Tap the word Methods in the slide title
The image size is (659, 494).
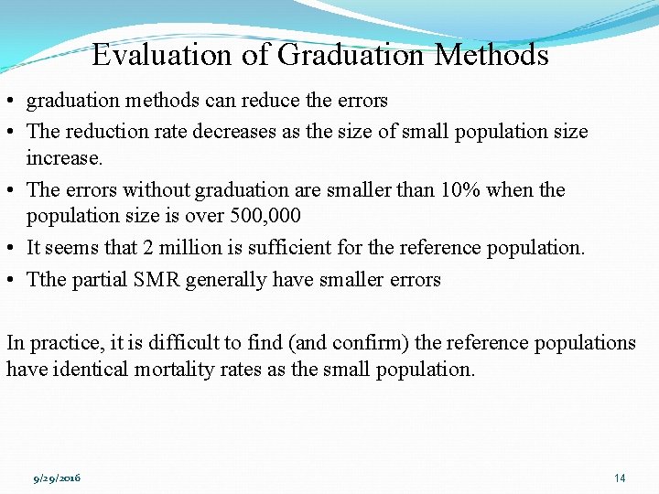pyautogui.click(x=492, y=56)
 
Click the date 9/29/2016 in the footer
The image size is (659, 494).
pyautogui.click(x=57, y=478)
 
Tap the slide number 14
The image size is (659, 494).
pyautogui.click(x=620, y=478)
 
